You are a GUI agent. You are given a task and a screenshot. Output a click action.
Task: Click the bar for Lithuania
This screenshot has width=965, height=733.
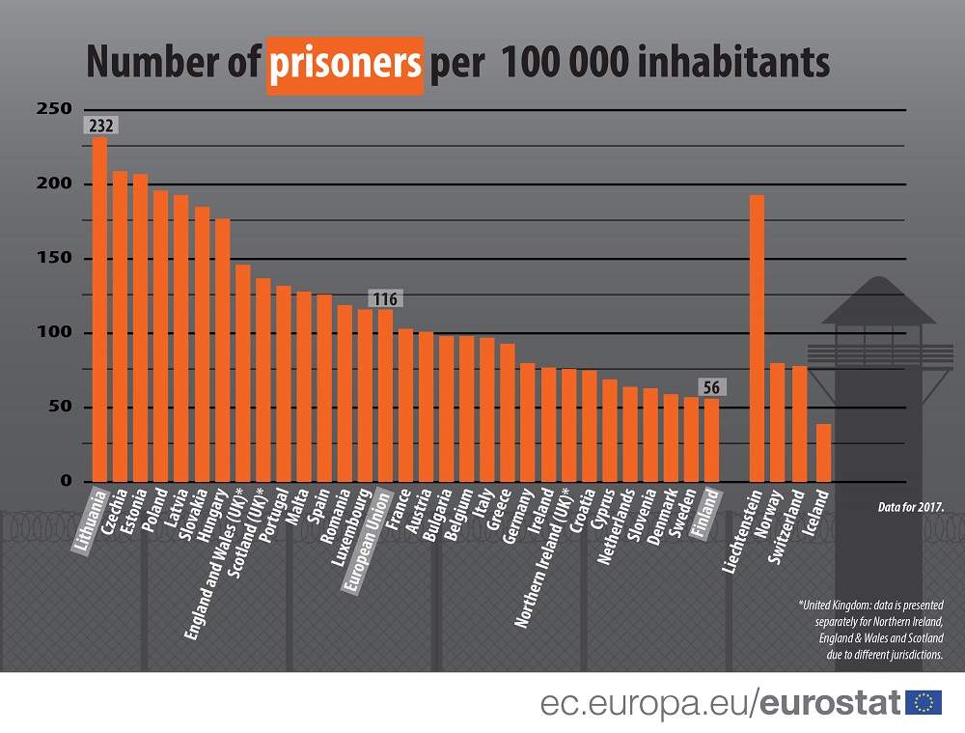[99, 309]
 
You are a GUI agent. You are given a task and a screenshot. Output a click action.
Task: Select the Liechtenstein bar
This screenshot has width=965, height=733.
[757, 338]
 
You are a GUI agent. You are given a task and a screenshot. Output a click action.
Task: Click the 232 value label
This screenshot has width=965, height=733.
[100, 126]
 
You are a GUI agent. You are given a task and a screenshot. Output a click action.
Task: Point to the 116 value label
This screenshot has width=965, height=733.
[384, 298]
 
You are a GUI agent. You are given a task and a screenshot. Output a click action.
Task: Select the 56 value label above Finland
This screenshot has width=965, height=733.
[711, 387]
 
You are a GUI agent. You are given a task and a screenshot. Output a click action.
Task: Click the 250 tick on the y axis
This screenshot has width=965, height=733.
[54, 109]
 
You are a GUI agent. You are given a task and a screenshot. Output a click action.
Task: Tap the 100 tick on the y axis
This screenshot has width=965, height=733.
[54, 332]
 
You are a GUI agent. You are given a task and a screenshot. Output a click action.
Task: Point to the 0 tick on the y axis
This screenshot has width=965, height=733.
[66, 481]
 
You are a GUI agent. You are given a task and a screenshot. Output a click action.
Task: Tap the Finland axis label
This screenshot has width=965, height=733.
[708, 505]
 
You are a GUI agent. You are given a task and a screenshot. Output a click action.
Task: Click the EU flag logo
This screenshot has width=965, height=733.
[924, 702]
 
